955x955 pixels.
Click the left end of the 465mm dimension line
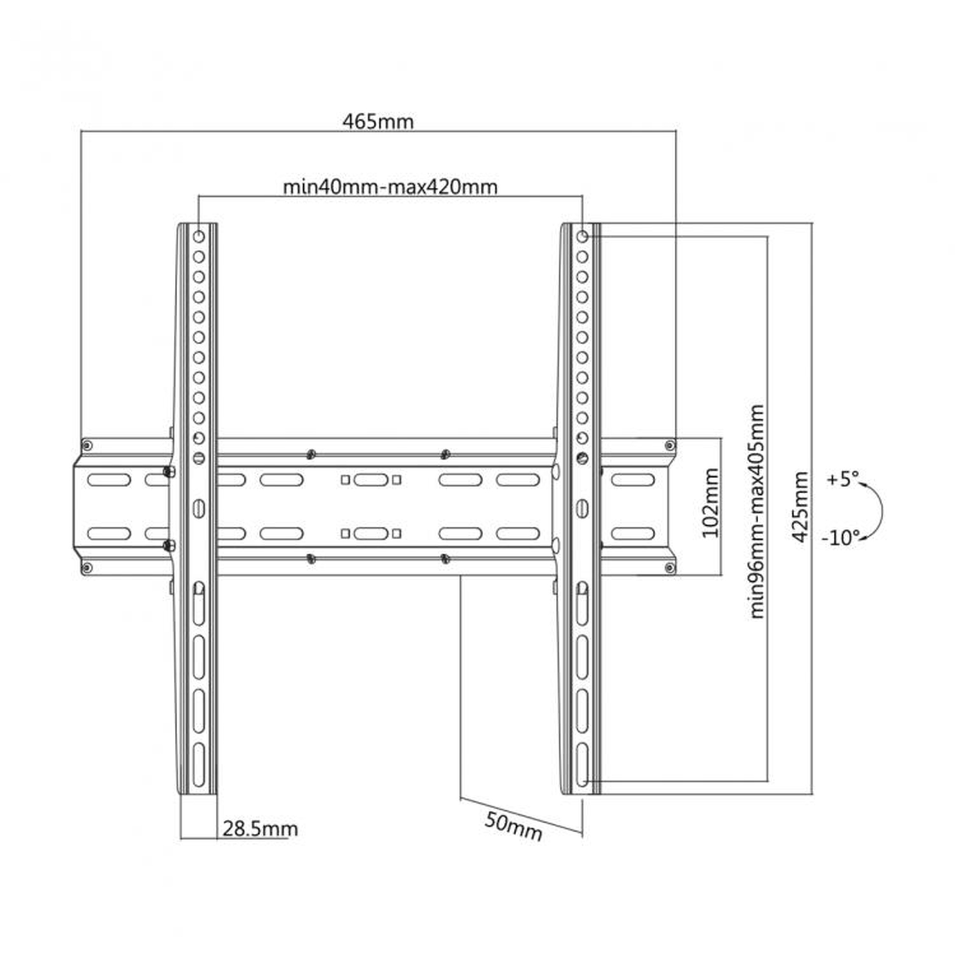[81, 131]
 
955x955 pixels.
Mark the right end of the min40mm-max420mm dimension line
[582, 196]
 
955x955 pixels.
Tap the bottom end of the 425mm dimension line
[812, 794]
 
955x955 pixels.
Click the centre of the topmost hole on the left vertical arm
[199, 237]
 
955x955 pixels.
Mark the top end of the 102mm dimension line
[721, 438]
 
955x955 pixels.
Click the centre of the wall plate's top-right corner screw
[670, 446]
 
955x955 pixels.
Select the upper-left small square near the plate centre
[346, 479]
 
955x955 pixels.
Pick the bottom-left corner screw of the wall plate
[87, 567]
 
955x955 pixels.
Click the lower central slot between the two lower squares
[371, 533]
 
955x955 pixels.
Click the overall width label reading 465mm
[378, 122]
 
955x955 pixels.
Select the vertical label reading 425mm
[800, 507]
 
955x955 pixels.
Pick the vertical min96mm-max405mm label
[757, 511]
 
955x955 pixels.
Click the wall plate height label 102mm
[711, 503]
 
